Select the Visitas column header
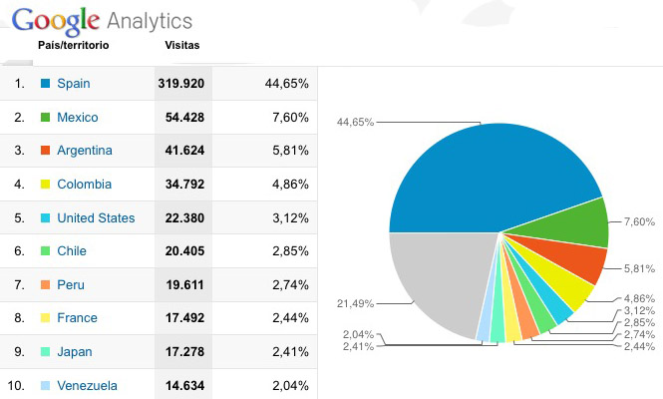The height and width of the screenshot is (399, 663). (180, 46)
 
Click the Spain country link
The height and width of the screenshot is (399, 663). (75, 83)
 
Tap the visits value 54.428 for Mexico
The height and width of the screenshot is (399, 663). (181, 117)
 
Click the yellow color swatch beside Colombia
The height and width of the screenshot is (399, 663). (45, 185)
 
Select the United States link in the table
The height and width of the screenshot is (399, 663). (96, 218)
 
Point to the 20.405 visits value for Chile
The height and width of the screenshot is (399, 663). (181, 251)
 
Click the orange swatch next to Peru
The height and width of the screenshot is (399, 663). (45, 285)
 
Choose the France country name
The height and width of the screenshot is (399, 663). (78, 318)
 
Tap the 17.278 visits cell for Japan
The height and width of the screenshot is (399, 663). (181, 352)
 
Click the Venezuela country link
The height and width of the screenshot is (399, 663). (88, 386)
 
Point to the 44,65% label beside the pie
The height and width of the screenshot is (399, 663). (356, 123)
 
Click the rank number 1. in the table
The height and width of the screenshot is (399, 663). (20, 83)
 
